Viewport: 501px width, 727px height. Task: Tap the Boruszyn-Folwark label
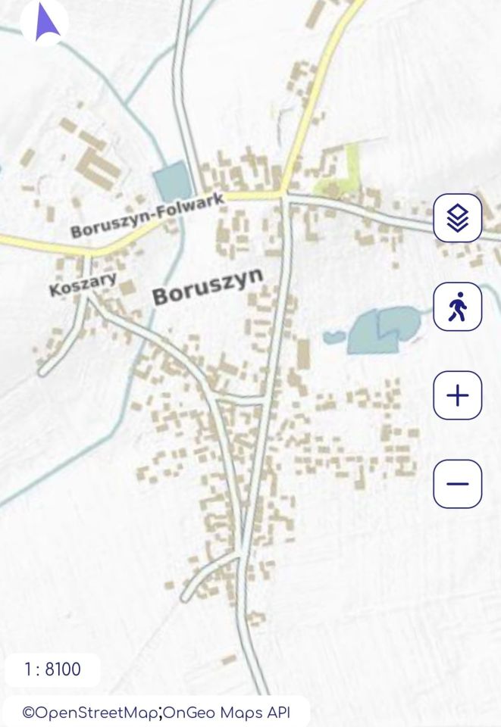[148, 215]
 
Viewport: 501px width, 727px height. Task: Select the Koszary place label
[83, 284]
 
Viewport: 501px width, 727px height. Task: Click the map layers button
[457, 218]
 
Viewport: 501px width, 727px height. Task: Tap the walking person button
[457, 307]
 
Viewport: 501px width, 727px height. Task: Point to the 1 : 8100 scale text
[52, 669]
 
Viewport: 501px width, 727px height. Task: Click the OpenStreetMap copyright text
[89, 713]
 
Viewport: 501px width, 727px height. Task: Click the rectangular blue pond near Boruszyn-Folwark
[172, 183]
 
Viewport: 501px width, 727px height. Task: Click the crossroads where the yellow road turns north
[284, 198]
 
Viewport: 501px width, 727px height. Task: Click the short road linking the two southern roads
[240, 399]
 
